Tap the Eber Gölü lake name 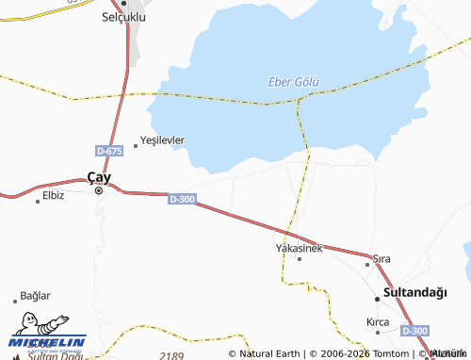(292, 82)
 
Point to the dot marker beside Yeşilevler (136, 145)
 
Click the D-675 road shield (109, 151)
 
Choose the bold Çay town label (99, 175)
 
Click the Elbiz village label (53, 196)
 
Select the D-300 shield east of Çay (182, 199)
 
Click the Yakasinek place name (299, 248)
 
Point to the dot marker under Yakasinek (300, 258)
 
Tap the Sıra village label (382, 257)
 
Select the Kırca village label (377, 321)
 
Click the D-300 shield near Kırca (414, 331)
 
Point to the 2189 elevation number (171, 354)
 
